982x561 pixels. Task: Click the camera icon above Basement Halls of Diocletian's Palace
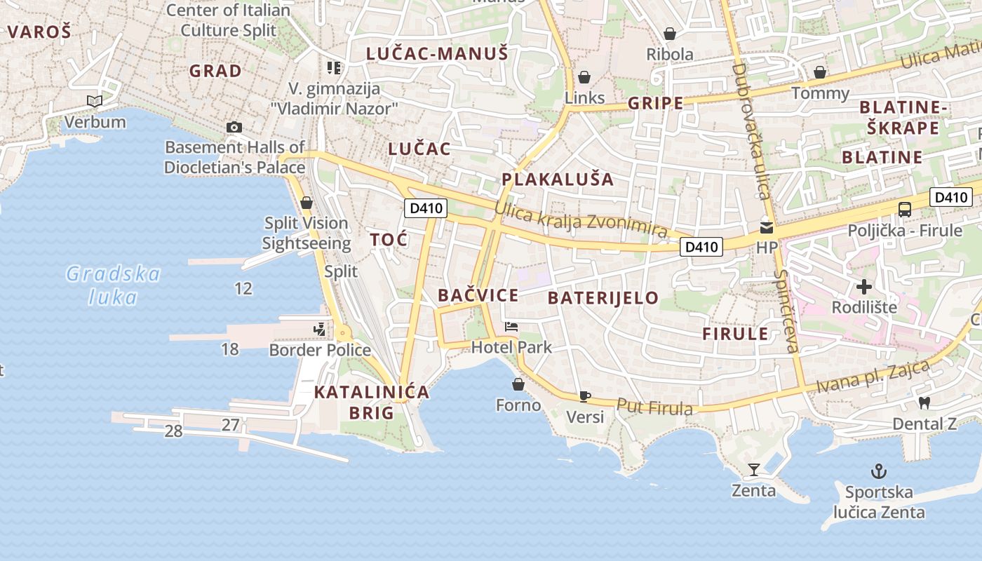[x=234, y=127]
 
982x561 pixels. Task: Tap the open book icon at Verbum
[x=94, y=102]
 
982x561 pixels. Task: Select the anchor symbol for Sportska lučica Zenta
[x=877, y=471]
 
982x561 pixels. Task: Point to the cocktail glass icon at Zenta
[x=754, y=469]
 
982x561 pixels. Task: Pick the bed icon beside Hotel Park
[x=511, y=327]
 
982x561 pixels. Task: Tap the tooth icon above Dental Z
[x=924, y=403]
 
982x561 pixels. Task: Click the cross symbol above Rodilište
[x=864, y=286]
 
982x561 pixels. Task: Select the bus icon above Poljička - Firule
[x=905, y=209]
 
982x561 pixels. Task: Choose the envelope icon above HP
[x=767, y=227]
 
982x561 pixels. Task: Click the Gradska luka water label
[x=114, y=285]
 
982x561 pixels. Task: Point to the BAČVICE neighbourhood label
[x=478, y=295]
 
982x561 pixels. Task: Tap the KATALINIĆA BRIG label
[x=372, y=402]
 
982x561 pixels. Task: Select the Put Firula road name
[x=654, y=407]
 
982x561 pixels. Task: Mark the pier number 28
[x=173, y=431]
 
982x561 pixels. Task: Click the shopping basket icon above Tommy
[x=819, y=72]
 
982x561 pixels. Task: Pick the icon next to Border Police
[x=320, y=328]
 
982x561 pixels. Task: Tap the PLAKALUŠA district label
[x=558, y=179]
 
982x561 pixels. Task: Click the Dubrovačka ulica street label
[x=751, y=131]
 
